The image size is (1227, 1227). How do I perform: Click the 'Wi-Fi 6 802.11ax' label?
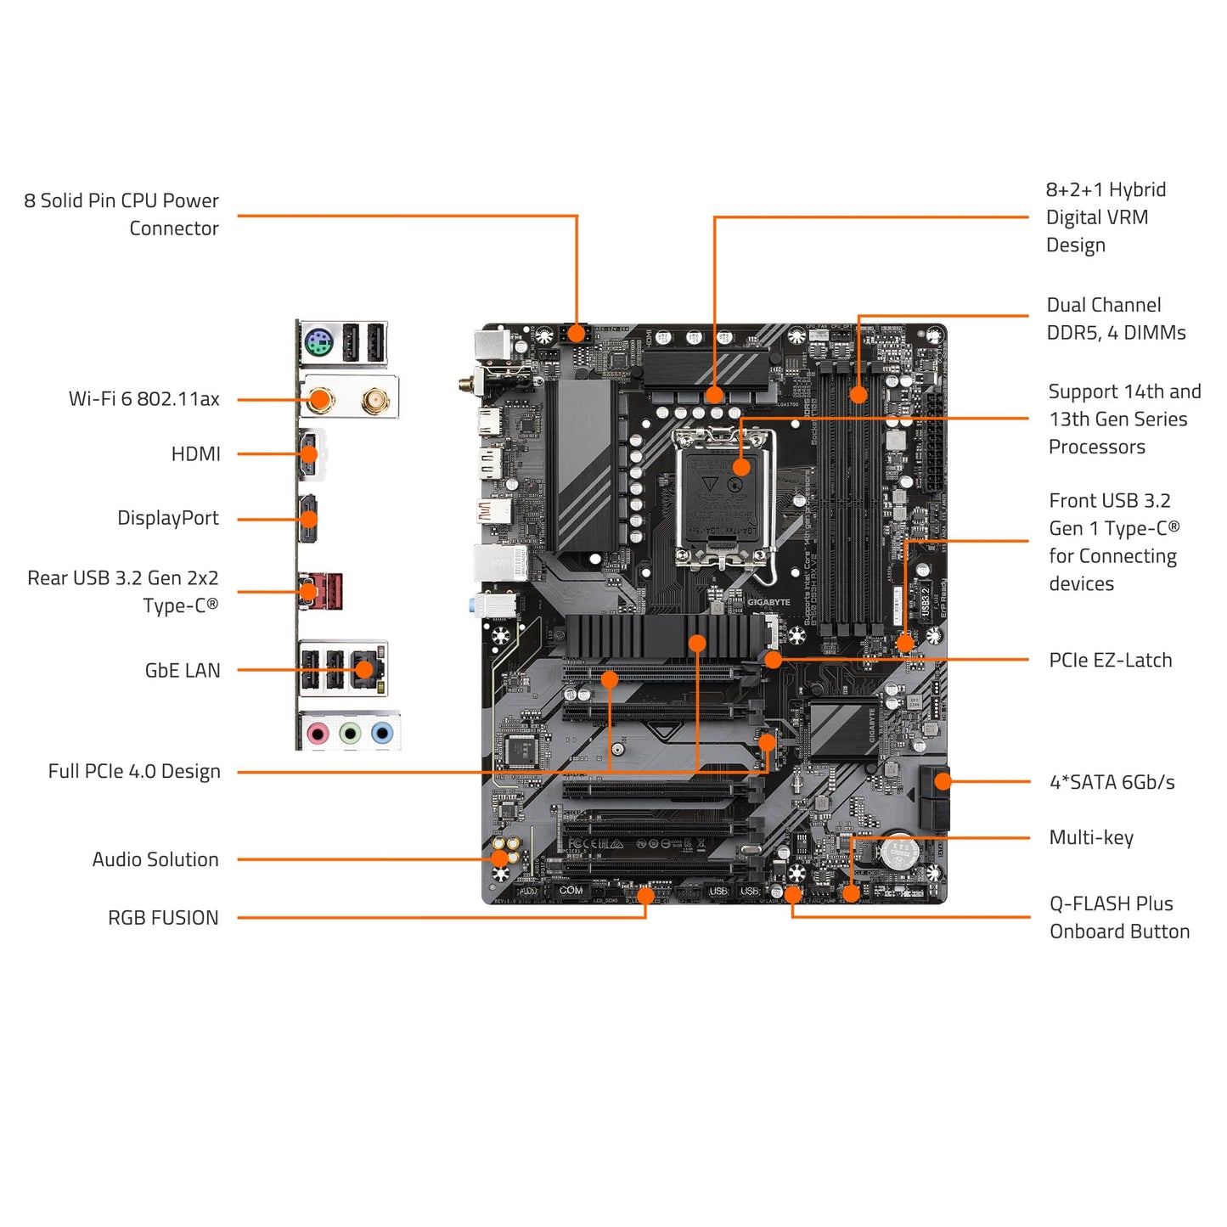pyautogui.click(x=144, y=399)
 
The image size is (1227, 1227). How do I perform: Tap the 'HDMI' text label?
pyautogui.click(x=195, y=454)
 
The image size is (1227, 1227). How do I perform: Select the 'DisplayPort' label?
pyautogui.click(x=167, y=518)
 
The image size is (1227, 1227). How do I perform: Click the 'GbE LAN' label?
pyautogui.click(x=182, y=671)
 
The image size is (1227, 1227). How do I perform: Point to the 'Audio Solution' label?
pyautogui.click(x=155, y=859)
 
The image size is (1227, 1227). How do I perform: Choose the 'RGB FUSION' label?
pyautogui.click(x=162, y=918)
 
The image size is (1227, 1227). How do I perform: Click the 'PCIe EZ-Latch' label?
pyautogui.click(x=1110, y=661)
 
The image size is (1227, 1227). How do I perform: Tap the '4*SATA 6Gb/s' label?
pyautogui.click(x=1112, y=782)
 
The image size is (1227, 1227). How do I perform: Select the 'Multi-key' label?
pyautogui.click(x=1091, y=838)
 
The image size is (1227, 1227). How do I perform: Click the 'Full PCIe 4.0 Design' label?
pyautogui.click(x=133, y=772)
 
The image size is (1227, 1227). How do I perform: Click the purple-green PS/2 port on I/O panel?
pyautogui.click(x=318, y=344)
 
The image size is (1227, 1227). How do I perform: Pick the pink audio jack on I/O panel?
pyautogui.click(x=318, y=733)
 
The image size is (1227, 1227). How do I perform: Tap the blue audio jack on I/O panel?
pyautogui.click(x=383, y=733)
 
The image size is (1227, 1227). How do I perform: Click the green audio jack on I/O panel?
pyautogui.click(x=350, y=733)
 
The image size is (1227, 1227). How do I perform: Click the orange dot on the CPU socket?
pyautogui.click(x=741, y=466)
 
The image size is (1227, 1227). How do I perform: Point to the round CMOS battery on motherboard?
pyautogui.click(x=898, y=853)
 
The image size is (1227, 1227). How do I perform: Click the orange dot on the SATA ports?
pyautogui.click(x=943, y=782)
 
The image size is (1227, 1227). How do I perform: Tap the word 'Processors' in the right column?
pyautogui.click(x=1096, y=447)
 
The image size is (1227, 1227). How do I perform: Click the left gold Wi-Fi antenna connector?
pyautogui.click(x=320, y=399)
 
